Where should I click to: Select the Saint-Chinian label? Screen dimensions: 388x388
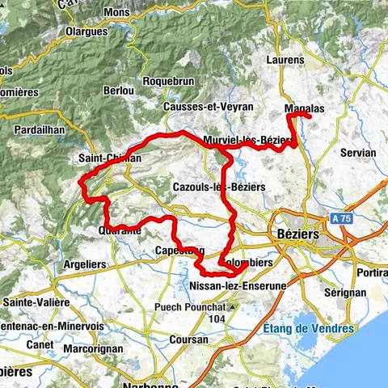(110, 158)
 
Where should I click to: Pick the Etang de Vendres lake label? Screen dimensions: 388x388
(307, 328)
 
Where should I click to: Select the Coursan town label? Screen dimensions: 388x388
(188, 340)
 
